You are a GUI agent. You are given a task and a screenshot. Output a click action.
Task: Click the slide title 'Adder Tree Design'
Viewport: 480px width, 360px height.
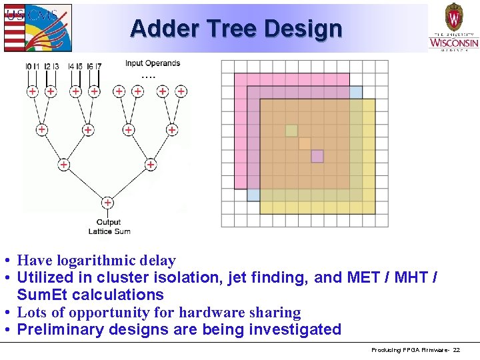point(236,29)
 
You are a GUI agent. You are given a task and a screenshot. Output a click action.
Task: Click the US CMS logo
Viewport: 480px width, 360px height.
point(37,27)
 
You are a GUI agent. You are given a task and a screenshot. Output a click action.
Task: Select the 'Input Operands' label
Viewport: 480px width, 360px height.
point(152,63)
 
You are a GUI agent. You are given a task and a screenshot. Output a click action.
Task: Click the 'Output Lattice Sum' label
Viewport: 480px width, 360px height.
point(109,227)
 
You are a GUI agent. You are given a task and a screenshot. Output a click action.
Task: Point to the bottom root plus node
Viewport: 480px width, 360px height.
point(107,203)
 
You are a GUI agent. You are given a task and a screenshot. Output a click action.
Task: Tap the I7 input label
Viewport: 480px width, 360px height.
point(99,67)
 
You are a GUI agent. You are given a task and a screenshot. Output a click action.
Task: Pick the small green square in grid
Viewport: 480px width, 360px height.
point(291,131)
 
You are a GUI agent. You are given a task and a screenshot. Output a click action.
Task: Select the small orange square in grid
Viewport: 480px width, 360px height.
point(305,143)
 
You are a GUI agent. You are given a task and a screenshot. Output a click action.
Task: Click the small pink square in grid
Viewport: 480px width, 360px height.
point(317,156)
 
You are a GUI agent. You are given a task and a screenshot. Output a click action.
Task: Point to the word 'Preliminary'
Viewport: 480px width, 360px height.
point(60,329)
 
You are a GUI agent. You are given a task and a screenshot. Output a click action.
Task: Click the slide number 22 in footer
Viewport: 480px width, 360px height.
point(456,350)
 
